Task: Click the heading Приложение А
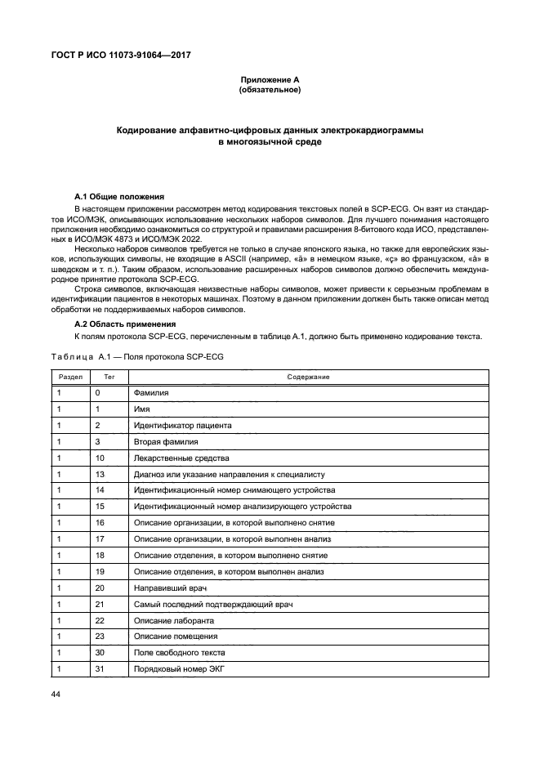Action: [270, 79]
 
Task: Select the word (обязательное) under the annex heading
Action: [270, 90]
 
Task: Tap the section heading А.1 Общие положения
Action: [119, 197]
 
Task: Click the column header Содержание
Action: [308, 377]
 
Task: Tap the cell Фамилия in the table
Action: [151, 393]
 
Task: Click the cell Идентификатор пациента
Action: [182, 426]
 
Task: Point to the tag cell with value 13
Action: [100, 474]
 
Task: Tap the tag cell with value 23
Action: [100, 637]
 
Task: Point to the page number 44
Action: [56, 695]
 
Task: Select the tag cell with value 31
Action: [100, 669]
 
